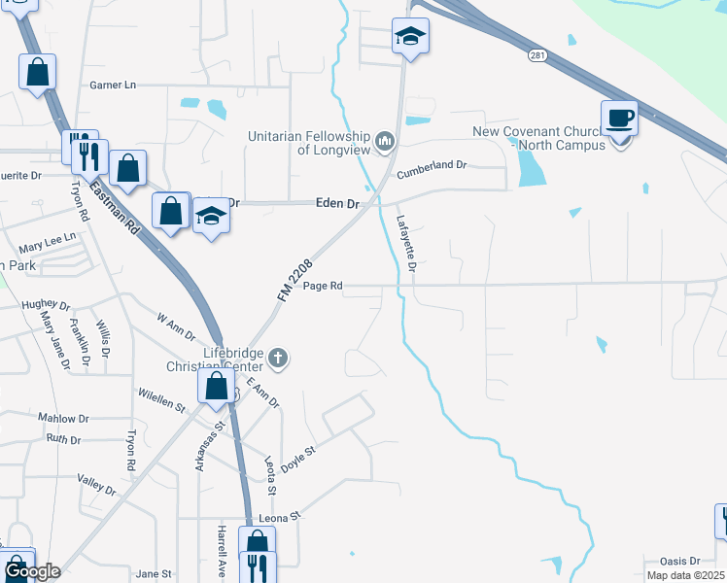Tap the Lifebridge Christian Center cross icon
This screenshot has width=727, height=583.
[x=277, y=359]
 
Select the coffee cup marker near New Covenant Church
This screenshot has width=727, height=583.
[x=619, y=120]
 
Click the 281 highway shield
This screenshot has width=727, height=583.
[x=537, y=56]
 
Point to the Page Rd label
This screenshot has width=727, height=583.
[x=323, y=287]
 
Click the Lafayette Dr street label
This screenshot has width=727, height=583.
[x=406, y=243]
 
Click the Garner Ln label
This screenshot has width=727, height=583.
[x=113, y=86]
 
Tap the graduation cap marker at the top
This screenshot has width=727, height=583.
[x=410, y=38]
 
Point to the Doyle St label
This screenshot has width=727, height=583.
[x=298, y=459]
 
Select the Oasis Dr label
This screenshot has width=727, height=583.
[x=679, y=561]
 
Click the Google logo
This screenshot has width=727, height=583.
[x=32, y=571]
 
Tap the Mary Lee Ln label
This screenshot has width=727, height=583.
[x=47, y=238]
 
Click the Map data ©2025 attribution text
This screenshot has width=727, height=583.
[x=686, y=575]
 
